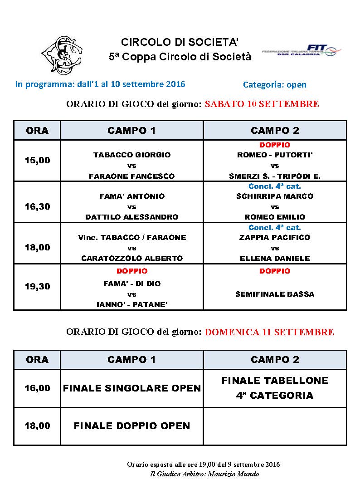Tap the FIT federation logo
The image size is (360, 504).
tap(302, 51)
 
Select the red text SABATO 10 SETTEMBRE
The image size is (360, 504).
tap(262, 104)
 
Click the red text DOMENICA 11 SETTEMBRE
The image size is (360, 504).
tap(269, 332)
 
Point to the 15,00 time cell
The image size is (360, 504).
tap(37, 160)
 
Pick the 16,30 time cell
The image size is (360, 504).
tap(37, 206)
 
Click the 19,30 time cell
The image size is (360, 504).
tap(37, 286)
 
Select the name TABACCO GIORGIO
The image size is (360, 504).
tap(132, 155)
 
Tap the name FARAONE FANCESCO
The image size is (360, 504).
tap(132, 176)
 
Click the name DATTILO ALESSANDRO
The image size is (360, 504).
tap(132, 217)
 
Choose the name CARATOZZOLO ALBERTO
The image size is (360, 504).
tap(132, 258)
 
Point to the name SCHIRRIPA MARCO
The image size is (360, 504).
tap(275, 196)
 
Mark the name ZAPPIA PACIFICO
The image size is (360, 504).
tap(275, 237)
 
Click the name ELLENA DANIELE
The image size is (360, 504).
tap(275, 258)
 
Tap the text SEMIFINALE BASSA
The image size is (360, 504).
tap(275, 294)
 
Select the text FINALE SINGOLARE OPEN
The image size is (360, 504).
tap(132, 388)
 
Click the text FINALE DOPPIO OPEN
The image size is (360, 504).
tap(132, 426)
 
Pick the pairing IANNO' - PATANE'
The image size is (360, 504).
tap(132, 305)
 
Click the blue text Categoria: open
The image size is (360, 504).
tap(275, 84)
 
